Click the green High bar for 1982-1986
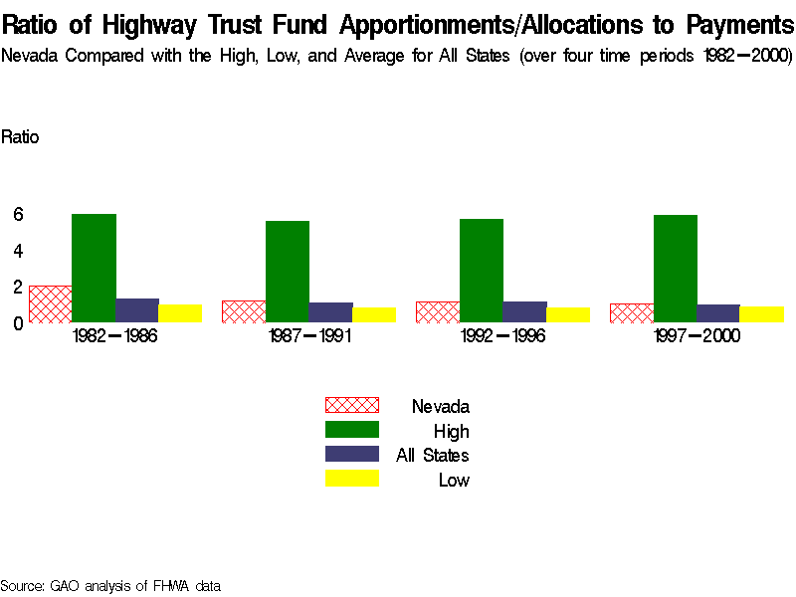pyautogui.click(x=94, y=268)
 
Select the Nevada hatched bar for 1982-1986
pyautogui.click(x=50, y=303)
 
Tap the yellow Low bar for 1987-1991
pyautogui.click(x=373, y=314)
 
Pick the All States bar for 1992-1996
pyautogui.click(x=524, y=311)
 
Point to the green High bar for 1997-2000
pyautogui.click(x=675, y=269)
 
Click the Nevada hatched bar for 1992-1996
pyautogui.click(x=438, y=311)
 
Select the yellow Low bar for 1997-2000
pyautogui.click(x=761, y=313)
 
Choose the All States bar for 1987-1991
pyautogui.click(x=330, y=311)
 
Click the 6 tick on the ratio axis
pyautogui.click(x=18, y=214)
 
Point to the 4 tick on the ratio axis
pyautogui.click(x=18, y=250)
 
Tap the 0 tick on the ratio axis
pyautogui.click(x=18, y=322)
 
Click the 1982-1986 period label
pyautogui.click(x=115, y=336)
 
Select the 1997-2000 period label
pyautogui.click(x=696, y=336)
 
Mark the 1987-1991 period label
pyautogui.click(x=308, y=336)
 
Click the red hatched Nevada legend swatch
pyautogui.click(x=352, y=405)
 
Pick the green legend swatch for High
pyautogui.click(x=352, y=430)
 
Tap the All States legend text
pyautogui.click(x=433, y=456)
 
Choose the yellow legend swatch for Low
pyautogui.click(x=352, y=480)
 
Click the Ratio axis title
pyautogui.click(x=20, y=137)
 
